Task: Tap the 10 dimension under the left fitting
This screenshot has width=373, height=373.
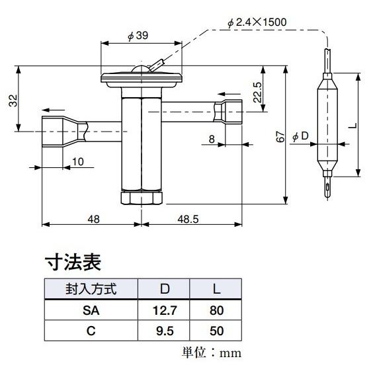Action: [x=77, y=161]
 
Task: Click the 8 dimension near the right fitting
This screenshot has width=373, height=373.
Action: [x=211, y=138]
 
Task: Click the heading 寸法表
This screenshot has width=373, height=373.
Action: [x=73, y=263]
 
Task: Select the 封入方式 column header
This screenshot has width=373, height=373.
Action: [x=91, y=289]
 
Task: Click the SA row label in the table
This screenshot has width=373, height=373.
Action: [x=91, y=310]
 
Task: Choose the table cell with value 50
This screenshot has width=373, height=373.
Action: [x=216, y=330]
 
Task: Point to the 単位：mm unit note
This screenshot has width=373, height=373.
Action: [x=212, y=352]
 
